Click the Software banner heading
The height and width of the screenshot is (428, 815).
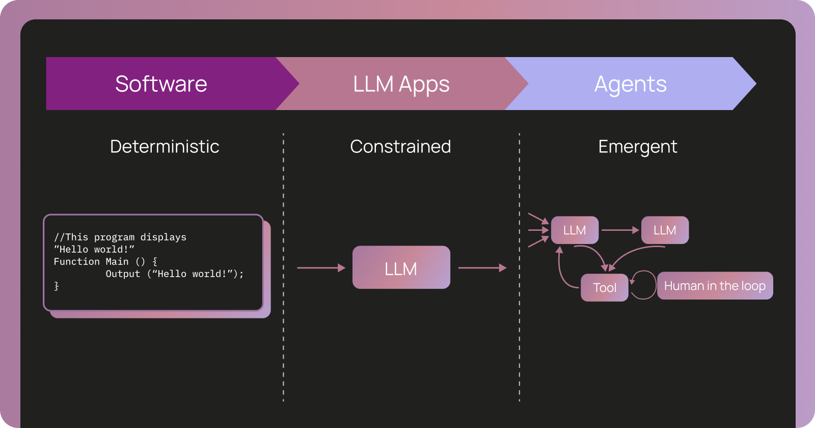pos(161,84)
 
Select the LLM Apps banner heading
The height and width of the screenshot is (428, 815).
pos(401,84)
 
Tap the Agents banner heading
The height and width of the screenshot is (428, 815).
pos(630,84)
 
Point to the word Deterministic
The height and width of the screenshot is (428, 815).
pos(165,147)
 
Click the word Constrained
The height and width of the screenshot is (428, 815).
pos(400,147)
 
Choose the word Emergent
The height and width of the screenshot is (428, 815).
pos(637,147)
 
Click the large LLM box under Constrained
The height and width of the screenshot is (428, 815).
pos(401,268)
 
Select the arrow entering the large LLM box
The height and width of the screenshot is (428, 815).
pos(321,267)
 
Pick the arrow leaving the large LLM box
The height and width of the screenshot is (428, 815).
pos(482,267)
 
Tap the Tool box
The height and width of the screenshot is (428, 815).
pos(604,288)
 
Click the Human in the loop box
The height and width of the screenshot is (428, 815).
pos(715,286)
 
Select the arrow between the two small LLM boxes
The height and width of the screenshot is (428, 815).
pos(619,230)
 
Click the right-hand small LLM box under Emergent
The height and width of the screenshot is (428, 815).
pos(665,230)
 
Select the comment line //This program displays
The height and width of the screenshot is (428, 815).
pos(120,237)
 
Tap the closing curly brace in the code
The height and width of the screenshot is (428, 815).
pos(57,286)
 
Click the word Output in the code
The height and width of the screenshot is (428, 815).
pos(123,274)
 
